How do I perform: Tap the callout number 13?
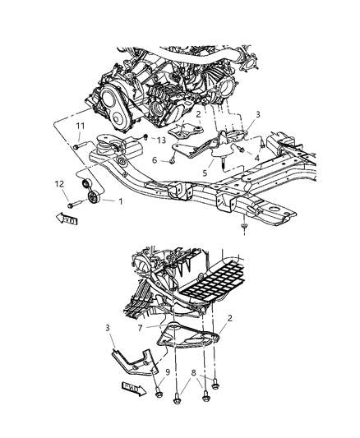pyautogui.click(x=161, y=141)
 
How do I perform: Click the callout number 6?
pyautogui.click(x=153, y=161)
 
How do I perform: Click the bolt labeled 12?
pyautogui.click(x=74, y=201)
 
